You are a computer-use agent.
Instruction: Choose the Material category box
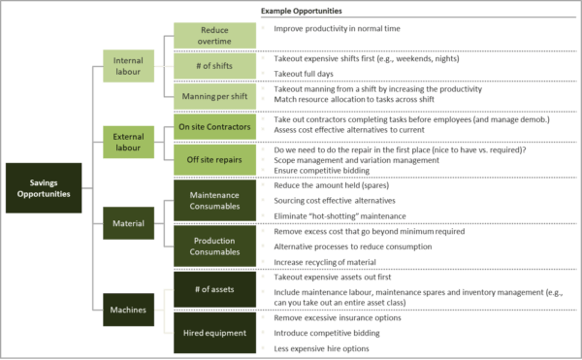click(134, 223)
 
